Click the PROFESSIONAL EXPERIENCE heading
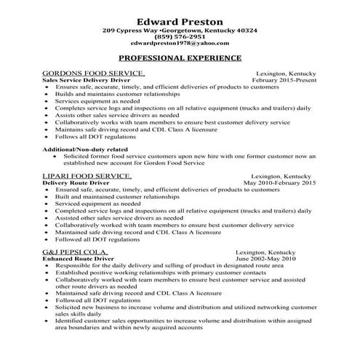[180, 57]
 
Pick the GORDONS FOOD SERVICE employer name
[94, 74]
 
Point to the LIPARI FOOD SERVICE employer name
[87, 176]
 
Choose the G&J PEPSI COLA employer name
[79, 252]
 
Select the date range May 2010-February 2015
[279, 183]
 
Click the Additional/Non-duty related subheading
[87, 149]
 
